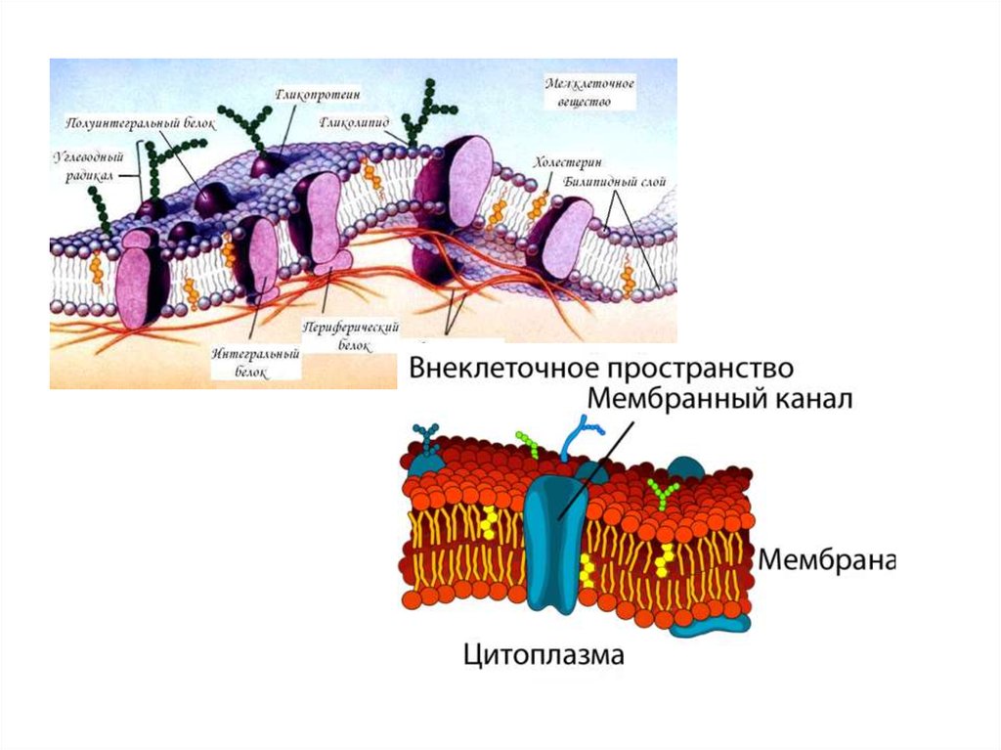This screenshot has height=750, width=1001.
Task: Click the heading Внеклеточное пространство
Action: [599, 369]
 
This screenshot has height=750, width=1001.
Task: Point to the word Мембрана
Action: [826, 560]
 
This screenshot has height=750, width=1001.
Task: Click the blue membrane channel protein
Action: [554, 543]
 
